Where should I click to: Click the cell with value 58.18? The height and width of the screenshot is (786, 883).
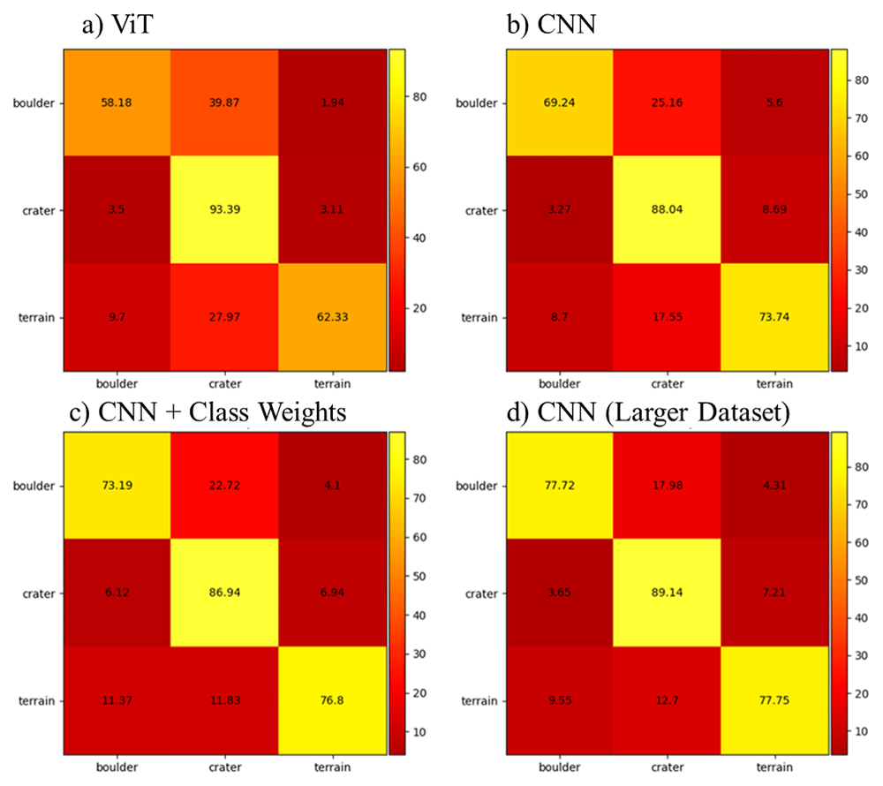117,102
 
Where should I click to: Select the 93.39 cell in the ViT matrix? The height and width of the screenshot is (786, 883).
224,209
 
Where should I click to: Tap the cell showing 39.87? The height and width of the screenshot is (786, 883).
224,102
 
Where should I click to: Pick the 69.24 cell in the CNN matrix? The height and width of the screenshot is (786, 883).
560,102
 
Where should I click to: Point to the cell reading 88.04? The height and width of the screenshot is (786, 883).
668,209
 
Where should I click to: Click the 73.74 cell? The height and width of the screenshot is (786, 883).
774,317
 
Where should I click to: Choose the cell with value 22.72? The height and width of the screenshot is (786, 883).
224,486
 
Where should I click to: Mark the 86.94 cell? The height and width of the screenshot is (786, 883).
224,593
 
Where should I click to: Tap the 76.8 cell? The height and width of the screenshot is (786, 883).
332,700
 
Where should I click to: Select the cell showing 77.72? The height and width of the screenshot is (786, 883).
560,486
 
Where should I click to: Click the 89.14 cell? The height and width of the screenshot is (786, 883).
668,593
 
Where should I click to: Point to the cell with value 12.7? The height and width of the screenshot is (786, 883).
668,700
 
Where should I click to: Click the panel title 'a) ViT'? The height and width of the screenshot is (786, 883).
117,25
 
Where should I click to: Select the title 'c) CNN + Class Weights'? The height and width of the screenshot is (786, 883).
208,412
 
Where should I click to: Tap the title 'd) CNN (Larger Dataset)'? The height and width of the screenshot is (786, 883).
648,412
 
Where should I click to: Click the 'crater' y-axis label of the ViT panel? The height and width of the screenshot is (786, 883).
39,210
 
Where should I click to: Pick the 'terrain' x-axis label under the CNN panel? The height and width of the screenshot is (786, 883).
774,383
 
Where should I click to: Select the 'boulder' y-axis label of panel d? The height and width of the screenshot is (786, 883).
477,486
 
